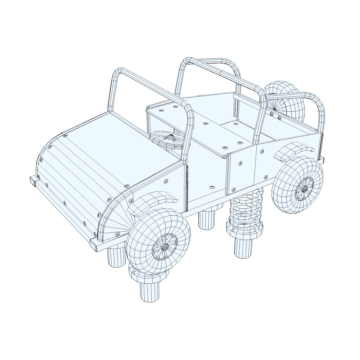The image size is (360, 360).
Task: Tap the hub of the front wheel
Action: pyautogui.click(x=165, y=247)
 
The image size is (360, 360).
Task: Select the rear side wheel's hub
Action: pyautogui.click(x=305, y=189)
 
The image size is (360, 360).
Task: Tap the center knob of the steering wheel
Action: pyautogui.click(x=170, y=137)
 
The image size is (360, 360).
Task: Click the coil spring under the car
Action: pyautogui.click(x=245, y=213)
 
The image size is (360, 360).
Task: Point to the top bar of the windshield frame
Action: pyautogui.click(x=150, y=87)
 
